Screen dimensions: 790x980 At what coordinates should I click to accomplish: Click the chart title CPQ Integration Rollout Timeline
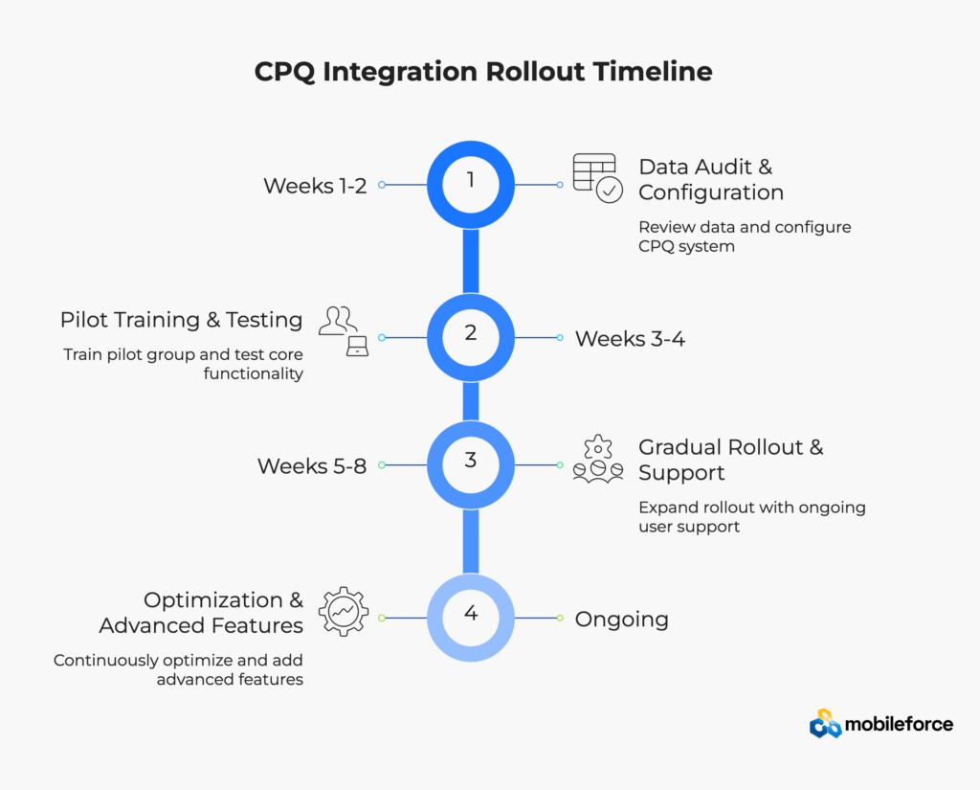tap(483, 72)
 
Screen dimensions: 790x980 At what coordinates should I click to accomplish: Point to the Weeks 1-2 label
tap(315, 186)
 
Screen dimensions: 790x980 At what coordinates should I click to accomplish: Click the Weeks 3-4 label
tap(630, 338)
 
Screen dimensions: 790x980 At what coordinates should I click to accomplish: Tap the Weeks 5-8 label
tap(312, 466)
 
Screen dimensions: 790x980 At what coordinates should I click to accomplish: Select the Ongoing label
tap(621, 620)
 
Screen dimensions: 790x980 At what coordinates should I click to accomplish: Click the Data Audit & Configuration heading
tap(710, 179)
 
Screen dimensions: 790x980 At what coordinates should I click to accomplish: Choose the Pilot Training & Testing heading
tap(182, 320)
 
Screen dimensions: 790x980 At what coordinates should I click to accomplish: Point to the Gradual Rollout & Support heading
tap(730, 460)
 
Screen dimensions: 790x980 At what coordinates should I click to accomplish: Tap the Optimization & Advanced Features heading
tap(201, 613)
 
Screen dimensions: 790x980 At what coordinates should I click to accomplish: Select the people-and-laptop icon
tap(344, 330)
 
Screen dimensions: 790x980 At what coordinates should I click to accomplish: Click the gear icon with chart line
tap(343, 612)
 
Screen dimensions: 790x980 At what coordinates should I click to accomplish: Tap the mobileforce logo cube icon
tap(825, 724)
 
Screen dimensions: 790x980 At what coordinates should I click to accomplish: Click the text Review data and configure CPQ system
tap(745, 237)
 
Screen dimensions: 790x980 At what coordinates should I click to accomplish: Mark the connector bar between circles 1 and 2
tap(470, 260)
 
